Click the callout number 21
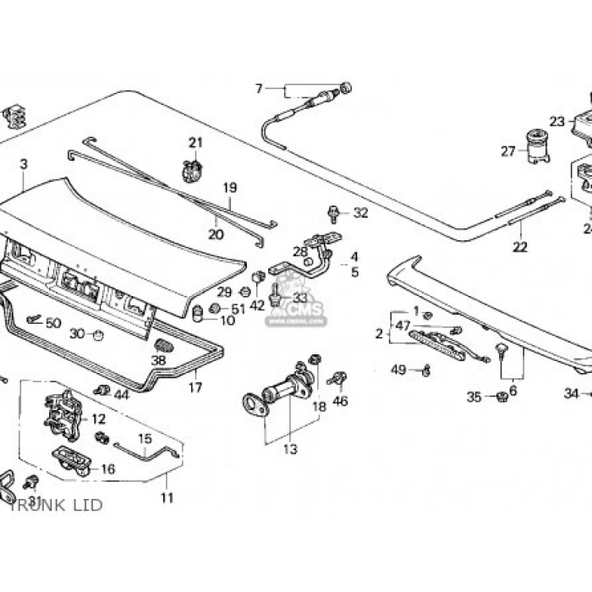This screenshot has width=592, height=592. pos(195,142)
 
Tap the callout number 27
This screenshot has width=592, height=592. pos(507,152)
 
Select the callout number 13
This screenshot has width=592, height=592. pos(290,449)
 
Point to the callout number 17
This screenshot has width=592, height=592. pos(195,388)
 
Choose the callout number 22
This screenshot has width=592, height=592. pos(519,247)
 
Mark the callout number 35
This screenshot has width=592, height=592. pos(474,397)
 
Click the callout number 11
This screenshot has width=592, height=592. pos(167,498)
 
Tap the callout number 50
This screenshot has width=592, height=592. pos(53,323)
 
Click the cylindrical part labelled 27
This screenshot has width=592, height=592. pos(536,145)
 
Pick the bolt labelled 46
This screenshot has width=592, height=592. pos(340,379)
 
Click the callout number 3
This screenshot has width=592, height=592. pos(24,164)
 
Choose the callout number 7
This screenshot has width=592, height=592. pos(259,88)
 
